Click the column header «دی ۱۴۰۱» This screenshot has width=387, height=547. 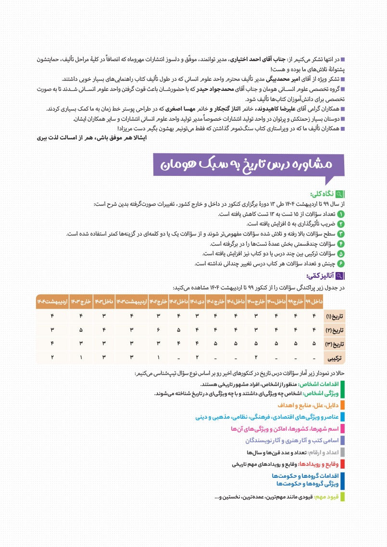coord(197,301)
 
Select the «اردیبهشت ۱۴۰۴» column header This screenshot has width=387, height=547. coord(51,301)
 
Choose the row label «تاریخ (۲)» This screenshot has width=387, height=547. coord(333,330)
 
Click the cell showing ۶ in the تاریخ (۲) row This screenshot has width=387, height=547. coord(158,330)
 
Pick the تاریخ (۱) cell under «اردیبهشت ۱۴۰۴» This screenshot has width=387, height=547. coord(51,316)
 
